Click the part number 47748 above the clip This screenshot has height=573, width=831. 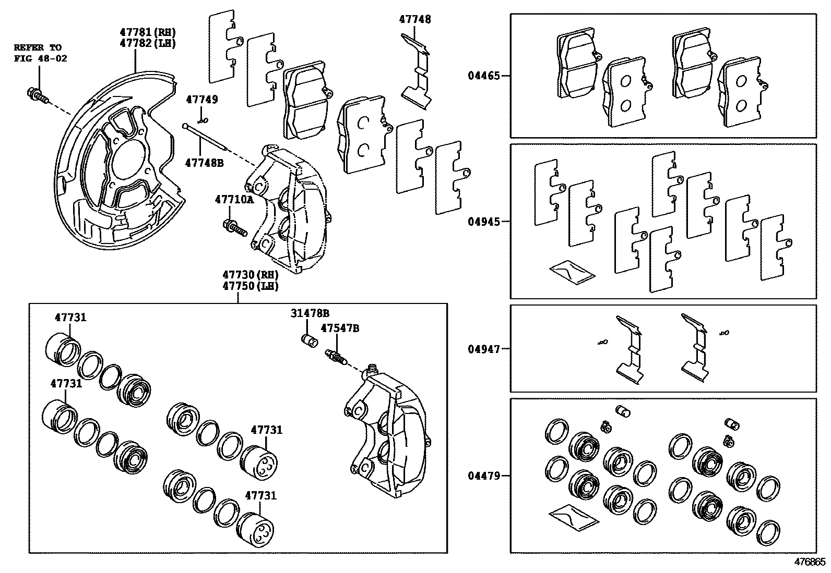(415, 19)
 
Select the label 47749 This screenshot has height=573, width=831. (202, 100)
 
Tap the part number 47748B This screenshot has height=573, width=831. (204, 163)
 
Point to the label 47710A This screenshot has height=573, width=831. (234, 199)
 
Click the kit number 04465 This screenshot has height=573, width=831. (484, 76)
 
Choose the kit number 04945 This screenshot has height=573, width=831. (484, 222)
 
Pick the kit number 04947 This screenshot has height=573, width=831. (484, 349)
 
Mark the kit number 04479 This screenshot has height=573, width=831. (484, 476)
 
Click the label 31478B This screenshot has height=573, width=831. (310, 313)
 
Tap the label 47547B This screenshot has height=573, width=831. (340, 328)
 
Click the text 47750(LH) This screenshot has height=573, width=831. (251, 286)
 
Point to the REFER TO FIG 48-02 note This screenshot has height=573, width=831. (40, 53)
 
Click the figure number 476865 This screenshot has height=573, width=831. (810, 563)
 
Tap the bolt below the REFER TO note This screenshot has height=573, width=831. (36, 95)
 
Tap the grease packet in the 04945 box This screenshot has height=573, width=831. (572, 270)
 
